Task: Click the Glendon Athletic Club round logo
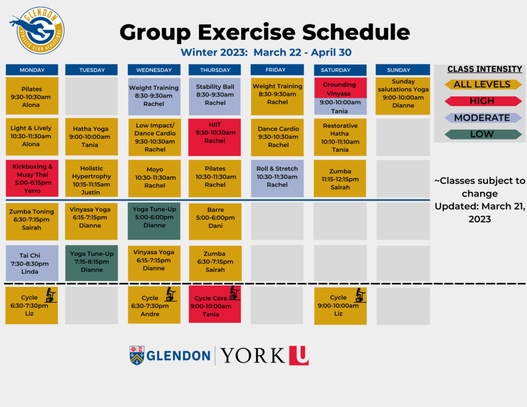[x=38, y=30]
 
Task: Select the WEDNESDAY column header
[x=154, y=70]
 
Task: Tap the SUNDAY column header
[x=402, y=70]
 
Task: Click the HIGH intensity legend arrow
[x=483, y=101]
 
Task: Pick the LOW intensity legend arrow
[x=483, y=134]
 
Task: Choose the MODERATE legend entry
[x=483, y=118]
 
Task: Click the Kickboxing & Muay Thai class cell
[x=32, y=179]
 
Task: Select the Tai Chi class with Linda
[x=32, y=263]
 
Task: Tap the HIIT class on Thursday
[x=215, y=137]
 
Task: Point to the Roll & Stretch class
[x=277, y=179]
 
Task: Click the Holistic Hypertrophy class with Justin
[x=92, y=179]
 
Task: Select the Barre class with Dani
[x=215, y=221]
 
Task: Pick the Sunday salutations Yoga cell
[x=402, y=96]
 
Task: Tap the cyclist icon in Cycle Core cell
[x=234, y=293]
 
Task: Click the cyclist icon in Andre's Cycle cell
[x=171, y=294]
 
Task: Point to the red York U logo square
[x=299, y=355]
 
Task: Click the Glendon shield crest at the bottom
[x=137, y=355]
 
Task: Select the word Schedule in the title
[x=356, y=32]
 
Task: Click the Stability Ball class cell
[x=215, y=96]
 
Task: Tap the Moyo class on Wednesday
[x=154, y=179]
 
